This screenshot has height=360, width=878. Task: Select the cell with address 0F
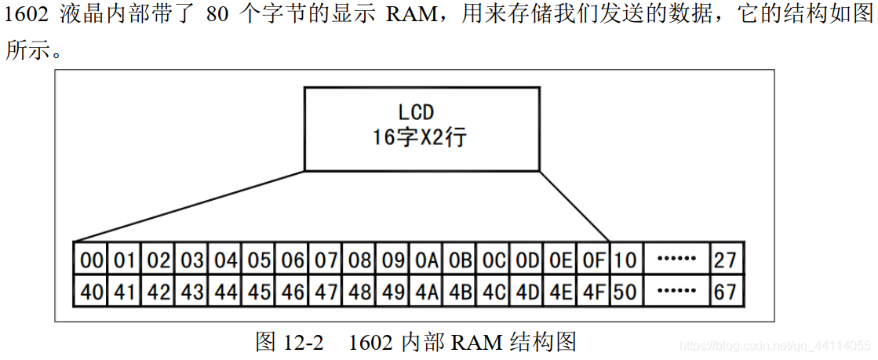tap(592, 258)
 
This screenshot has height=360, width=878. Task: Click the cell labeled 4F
tap(592, 292)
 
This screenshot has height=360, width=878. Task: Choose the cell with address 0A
tap(427, 258)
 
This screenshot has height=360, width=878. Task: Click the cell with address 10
tap(625, 258)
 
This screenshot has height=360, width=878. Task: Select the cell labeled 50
tap(625, 292)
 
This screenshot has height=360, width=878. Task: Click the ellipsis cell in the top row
tap(676, 258)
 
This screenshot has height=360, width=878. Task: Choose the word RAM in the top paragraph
tap(407, 16)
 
